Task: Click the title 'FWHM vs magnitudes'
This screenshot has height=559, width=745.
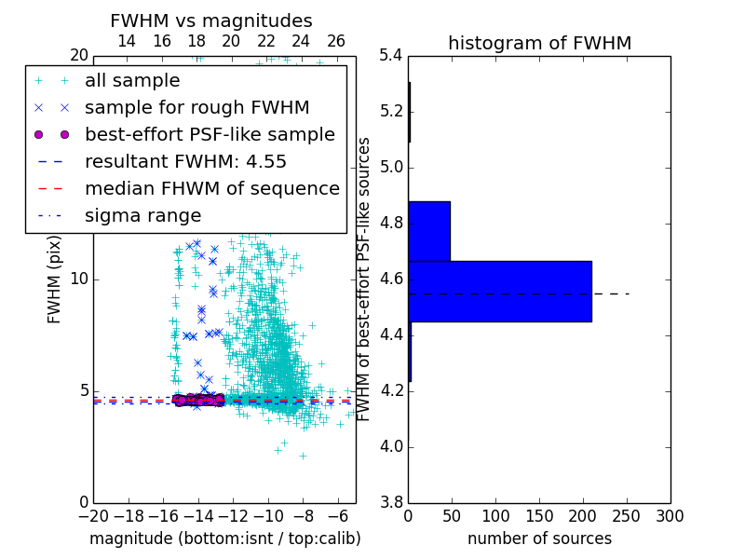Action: pyautogui.click(x=211, y=20)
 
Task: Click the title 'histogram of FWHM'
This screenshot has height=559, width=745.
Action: pyautogui.click(x=539, y=43)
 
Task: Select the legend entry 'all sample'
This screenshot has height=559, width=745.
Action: pyautogui.click(x=132, y=80)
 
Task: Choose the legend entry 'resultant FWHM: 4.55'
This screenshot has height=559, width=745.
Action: pyautogui.click(x=185, y=161)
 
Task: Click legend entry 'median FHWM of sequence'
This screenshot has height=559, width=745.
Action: pyautogui.click(x=211, y=188)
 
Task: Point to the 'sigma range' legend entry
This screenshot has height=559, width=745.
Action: pyautogui.click(x=142, y=215)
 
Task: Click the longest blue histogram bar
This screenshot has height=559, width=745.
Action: pyautogui.click(x=500, y=292)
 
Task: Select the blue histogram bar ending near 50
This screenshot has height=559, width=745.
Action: pyautogui.click(x=429, y=231)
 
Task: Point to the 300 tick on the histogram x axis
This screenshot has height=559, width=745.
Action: pyautogui.click(x=670, y=516)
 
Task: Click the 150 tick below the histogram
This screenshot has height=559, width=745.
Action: pyautogui.click(x=539, y=516)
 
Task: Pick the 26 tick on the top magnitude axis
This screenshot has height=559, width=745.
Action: pyautogui.click(x=336, y=41)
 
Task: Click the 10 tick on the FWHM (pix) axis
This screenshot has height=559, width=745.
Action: pyautogui.click(x=80, y=279)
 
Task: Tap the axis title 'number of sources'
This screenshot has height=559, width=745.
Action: pyautogui.click(x=539, y=539)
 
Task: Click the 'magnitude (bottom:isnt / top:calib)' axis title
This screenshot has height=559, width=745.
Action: pyautogui.click(x=224, y=539)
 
